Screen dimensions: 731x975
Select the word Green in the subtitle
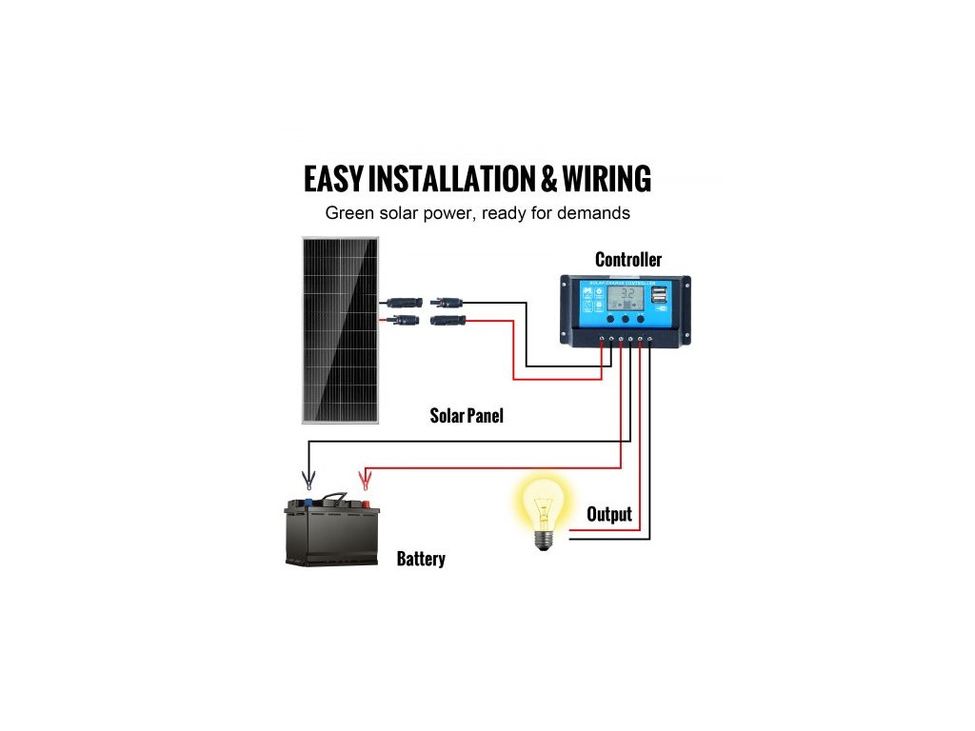349,213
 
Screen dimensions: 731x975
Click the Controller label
628,260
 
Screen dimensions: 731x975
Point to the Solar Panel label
467,416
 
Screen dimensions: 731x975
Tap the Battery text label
421,559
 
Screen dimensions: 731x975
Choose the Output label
609,515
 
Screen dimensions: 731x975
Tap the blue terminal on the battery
308,504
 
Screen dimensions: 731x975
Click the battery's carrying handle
334,497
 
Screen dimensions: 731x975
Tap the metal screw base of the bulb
544,540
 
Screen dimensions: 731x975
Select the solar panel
340,330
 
